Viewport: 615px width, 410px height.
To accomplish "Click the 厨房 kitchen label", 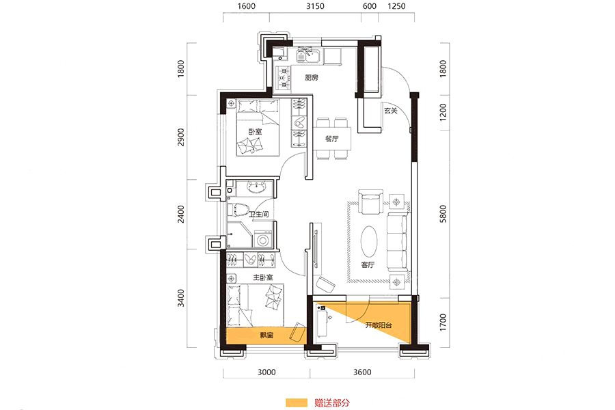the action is click(312, 78).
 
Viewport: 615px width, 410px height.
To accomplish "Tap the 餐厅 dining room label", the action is click(332, 139).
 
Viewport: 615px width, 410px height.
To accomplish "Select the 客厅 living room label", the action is click(368, 265).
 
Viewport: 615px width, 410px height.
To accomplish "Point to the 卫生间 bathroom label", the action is click(259, 214).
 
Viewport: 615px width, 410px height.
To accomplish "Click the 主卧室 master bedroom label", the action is click(263, 277).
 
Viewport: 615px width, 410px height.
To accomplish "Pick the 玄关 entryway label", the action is click(391, 111).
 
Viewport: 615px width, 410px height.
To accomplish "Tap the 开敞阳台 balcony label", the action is click(379, 325).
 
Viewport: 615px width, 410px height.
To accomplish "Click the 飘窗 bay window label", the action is click(266, 336).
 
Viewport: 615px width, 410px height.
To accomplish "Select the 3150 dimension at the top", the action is click(315, 6).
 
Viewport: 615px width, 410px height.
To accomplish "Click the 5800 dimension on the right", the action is click(443, 214).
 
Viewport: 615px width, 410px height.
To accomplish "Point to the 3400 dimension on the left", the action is click(180, 298).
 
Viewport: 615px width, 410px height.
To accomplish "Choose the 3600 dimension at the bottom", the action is click(362, 372).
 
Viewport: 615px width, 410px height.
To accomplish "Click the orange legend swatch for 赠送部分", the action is click(297, 402).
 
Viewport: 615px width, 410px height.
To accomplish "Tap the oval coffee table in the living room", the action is click(369, 241).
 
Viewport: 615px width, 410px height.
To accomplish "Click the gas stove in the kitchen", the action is click(283, 78).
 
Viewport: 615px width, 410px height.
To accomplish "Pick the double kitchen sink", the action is click(309, 55).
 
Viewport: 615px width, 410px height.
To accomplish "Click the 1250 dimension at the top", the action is click(396, 6).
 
